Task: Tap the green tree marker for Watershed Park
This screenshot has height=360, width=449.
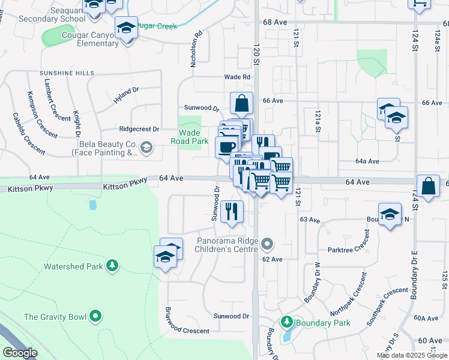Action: pos(112,265)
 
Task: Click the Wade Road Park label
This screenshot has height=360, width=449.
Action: pos(190,137)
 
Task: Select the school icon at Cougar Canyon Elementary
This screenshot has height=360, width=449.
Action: pos(126,28)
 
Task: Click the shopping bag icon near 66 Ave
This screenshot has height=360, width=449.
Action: pos(241,103)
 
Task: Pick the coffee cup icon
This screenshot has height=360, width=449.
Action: pos(226,146)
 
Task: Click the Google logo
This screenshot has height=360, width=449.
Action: pos(20,352)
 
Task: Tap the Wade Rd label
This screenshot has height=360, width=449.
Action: pos(237,77)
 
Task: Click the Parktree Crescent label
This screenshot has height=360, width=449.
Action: pos(349,248)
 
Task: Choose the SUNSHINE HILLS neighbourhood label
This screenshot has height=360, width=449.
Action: pos(67,73)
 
